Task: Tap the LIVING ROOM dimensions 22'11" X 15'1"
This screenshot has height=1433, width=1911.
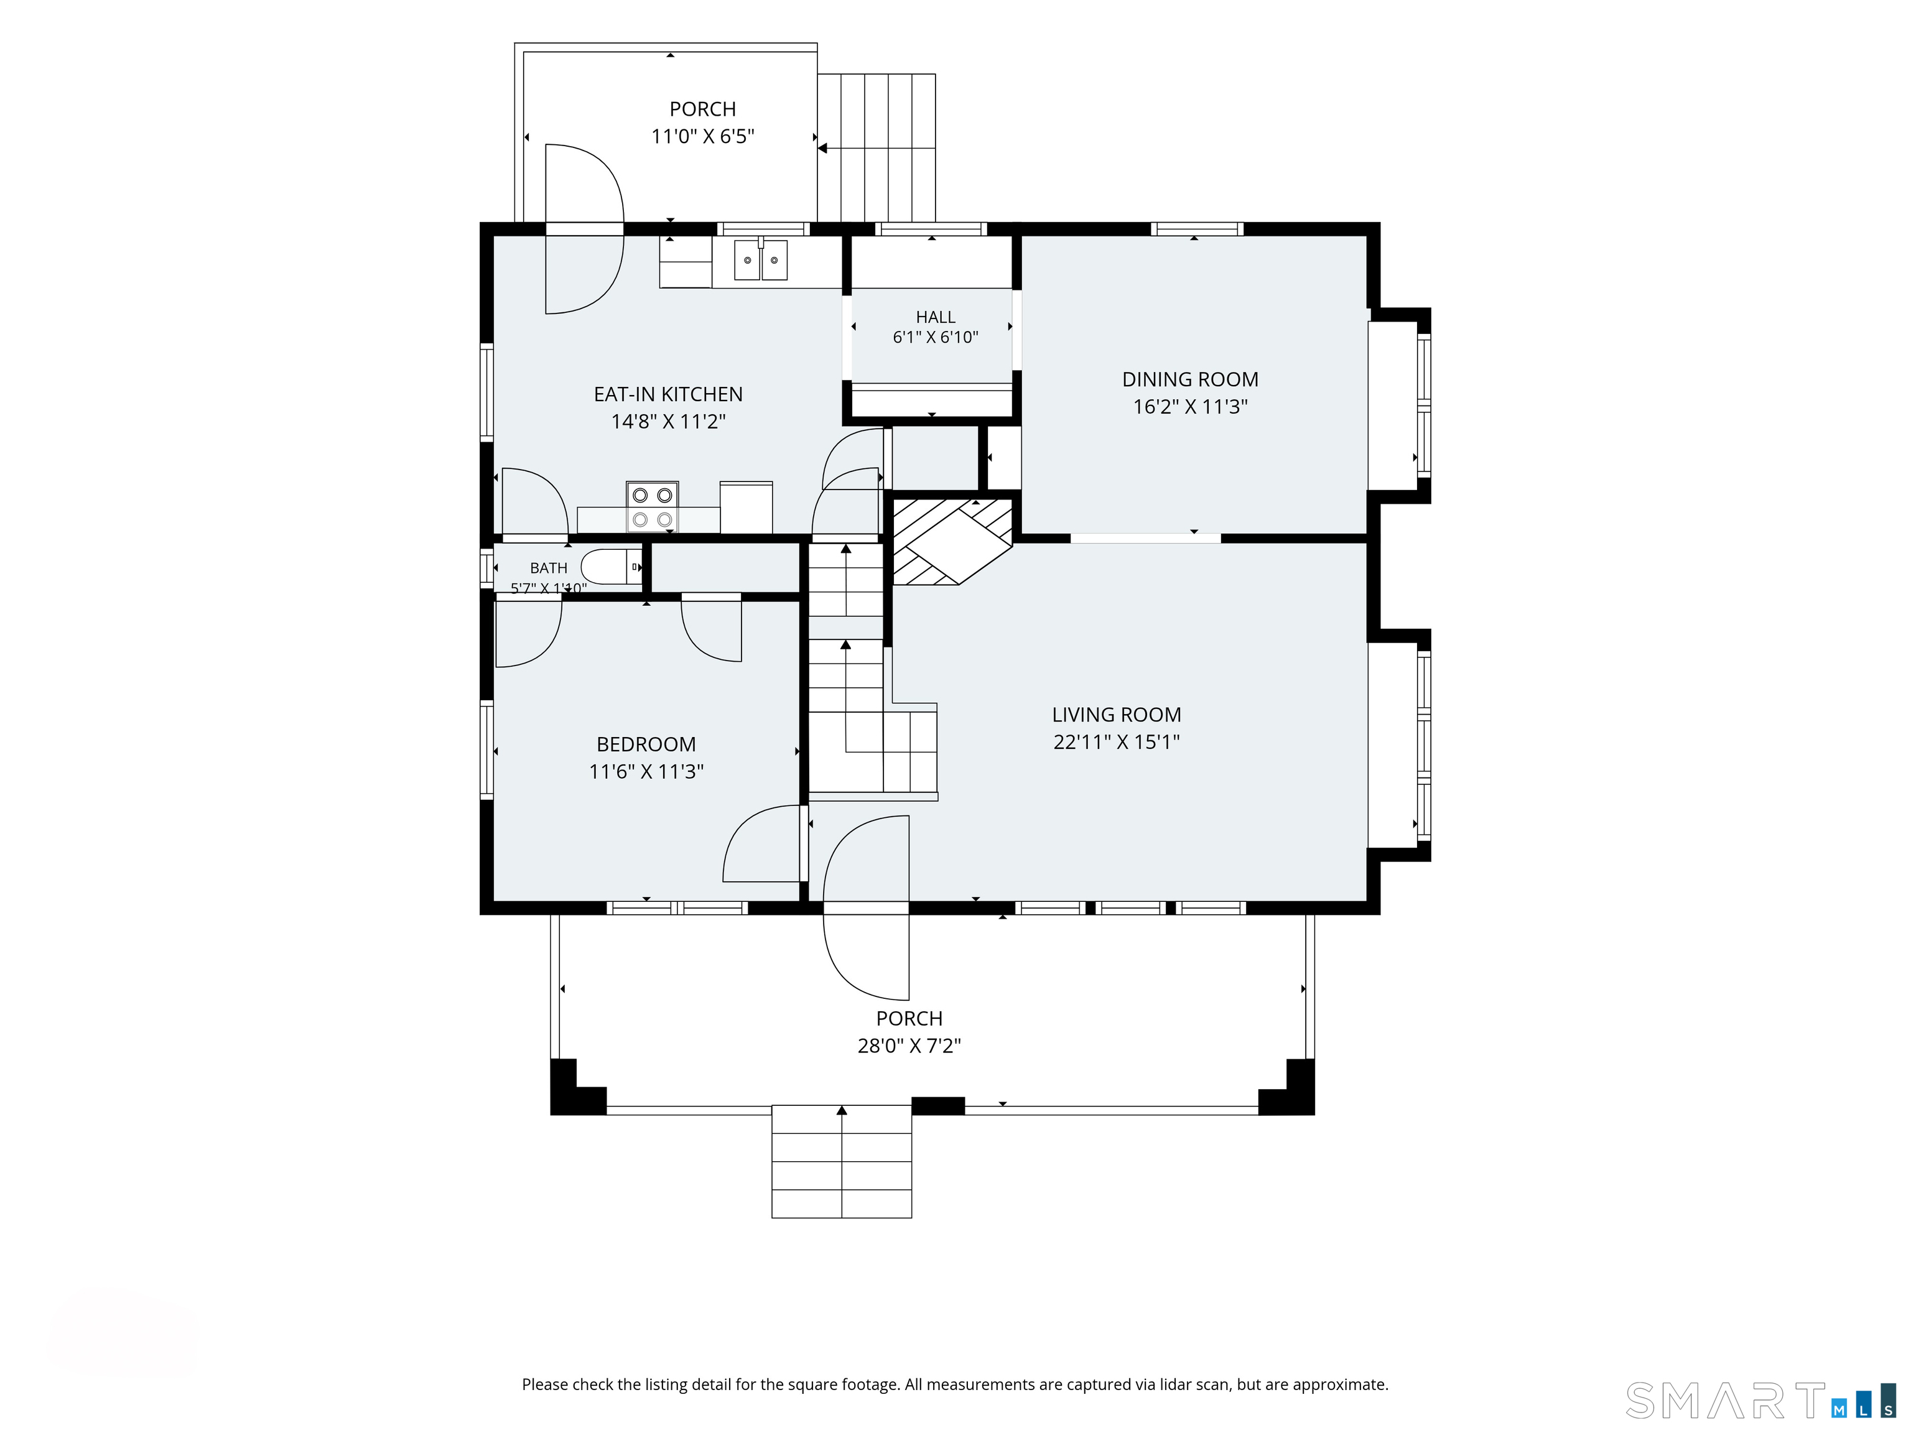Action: (1116, 741)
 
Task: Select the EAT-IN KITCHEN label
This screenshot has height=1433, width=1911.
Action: (668, 394)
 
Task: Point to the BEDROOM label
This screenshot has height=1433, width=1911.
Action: (646, 744)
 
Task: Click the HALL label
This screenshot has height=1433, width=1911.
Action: (936, 317)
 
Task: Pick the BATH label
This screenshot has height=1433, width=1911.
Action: (549, 567)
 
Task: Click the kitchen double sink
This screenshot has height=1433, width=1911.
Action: (760, 260)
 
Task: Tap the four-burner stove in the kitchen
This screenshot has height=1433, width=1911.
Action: (653, 507)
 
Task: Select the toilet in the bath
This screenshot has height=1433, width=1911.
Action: (611, 567)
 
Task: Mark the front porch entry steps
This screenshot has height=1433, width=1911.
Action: (842, 1162)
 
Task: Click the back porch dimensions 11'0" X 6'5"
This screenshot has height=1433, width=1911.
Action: (702, 136)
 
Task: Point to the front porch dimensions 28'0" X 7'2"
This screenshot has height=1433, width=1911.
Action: (909, 1045)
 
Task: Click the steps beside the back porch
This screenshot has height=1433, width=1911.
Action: (877, 147)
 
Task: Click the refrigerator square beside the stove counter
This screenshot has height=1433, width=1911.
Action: (746, 507)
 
